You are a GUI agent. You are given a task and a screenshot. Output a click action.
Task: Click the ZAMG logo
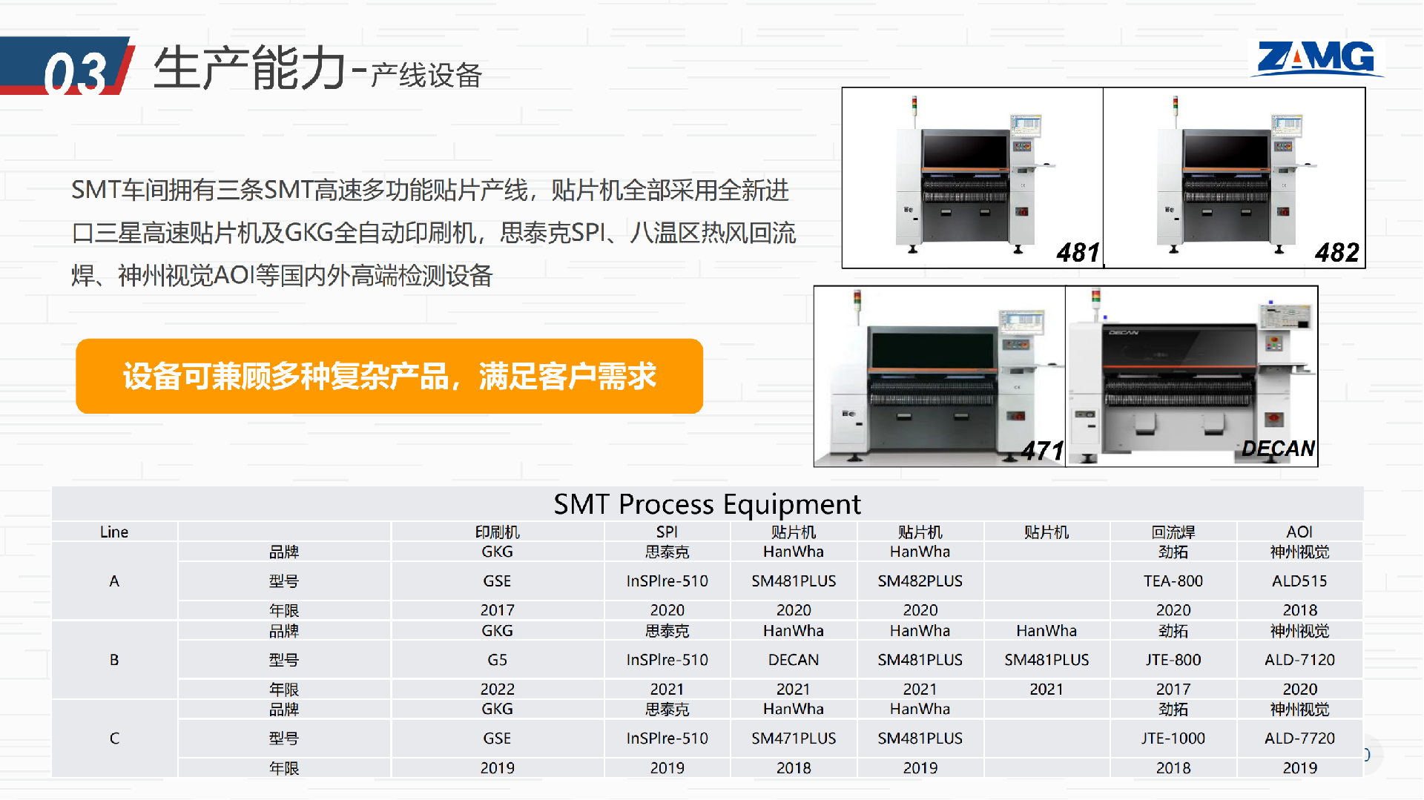pyautogui.click(x=1316, y=58)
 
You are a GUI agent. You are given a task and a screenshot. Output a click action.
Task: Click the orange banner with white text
pyautogui.click(x=389, y=376)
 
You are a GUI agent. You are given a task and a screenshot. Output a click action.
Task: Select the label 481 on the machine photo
pyautogui.click(x=1078, y=253)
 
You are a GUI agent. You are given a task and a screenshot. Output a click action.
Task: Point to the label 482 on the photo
pyautogui.click(x=1337, y=253)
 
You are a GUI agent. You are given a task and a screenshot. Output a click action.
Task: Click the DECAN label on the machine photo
pyautogui.click(x=1279, y=449)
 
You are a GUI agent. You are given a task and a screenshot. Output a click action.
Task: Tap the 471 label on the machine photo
pyautogui.click(x=1042, y=450)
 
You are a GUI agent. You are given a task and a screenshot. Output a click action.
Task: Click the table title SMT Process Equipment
pyautogui.click(x=707, y=504)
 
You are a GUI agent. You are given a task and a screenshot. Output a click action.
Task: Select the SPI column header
pyautogui.click(x=667, y=532)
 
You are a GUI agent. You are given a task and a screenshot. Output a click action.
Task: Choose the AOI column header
pyautogui.click(x=1299, y=532)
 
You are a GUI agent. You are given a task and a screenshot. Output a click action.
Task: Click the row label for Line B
pyautogui.click(x=114, y=660)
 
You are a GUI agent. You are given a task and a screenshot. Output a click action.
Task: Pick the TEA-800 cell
pyautogui.click(x=1173, y=581)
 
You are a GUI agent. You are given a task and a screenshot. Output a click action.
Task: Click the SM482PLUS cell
pyautogui.click(x=920, y=581)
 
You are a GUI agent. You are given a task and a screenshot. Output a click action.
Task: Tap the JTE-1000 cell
pyautogui.click(x=1173, y=738)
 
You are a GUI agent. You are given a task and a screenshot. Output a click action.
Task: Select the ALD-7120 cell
pyautogui.click(x=1299, y=660)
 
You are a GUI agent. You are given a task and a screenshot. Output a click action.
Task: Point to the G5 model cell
pyautogui.click(x=497, y=660)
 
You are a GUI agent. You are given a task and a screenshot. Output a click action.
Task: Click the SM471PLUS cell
pyautogui.click(x=794, y=738)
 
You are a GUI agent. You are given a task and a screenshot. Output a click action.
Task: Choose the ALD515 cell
pyautogui.click(x=1299, y=581)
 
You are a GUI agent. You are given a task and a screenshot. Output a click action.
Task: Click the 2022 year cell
pyautogui.click(x=497, y=690)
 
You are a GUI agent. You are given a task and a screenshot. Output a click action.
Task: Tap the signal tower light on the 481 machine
pyautogui.click(x=914, y=105)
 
